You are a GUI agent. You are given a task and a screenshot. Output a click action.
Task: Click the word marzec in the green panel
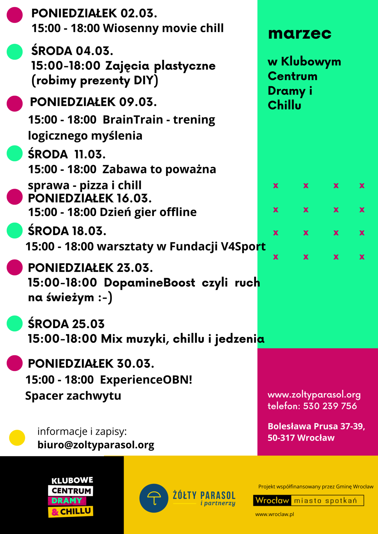[x=300, y=34]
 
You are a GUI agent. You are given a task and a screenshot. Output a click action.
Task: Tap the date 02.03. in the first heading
[x=139, y=13]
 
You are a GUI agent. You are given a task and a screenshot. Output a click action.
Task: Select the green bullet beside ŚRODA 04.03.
[x=14, y=52]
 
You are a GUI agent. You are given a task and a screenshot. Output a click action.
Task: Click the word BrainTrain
[x=133, y=120]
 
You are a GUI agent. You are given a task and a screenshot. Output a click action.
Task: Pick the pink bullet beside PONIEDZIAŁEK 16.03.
[x=14, y=197]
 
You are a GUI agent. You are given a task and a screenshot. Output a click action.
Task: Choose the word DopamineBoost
[x=149, y=283]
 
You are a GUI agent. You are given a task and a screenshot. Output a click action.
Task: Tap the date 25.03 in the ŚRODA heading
[x=88, y=324]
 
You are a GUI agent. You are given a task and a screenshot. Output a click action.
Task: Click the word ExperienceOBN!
[x=146, y=380]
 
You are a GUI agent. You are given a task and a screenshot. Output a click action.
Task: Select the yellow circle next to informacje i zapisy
[x=17, y=438]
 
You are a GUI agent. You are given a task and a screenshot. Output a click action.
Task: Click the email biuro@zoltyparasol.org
[x=96, y=445]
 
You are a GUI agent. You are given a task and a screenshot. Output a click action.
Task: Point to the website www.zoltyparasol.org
[x=314, y=395]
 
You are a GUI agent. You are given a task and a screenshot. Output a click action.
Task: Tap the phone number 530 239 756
[x=330, y=406]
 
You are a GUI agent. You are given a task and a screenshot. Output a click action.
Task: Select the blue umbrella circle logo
[x=154, y=498]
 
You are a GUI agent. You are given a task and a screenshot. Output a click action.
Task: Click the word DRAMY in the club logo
[x=67, y=501]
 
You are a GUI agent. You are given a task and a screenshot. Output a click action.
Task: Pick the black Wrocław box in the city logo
[x=272, y=501]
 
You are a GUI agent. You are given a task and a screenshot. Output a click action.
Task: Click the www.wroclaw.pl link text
[x=274, y=515]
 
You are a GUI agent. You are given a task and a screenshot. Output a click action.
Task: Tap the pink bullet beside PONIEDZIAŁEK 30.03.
[x=14, y=363]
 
